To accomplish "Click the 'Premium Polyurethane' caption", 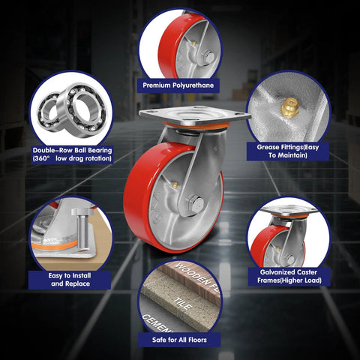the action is point(178,85).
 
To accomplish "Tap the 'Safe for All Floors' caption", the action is point(179,340).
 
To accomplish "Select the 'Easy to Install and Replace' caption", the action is point(70,280).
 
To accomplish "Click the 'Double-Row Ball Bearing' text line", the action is point(73,150).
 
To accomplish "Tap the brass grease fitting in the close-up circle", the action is point(289,106).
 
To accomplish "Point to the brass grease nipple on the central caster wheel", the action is point(175,185).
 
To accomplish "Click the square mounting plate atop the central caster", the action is point(195,116).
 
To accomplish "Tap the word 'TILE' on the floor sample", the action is point(183,304).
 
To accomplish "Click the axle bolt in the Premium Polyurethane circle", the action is point(208,58).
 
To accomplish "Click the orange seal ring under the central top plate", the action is point(196,126).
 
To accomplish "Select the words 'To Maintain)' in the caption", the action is point(288,155).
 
